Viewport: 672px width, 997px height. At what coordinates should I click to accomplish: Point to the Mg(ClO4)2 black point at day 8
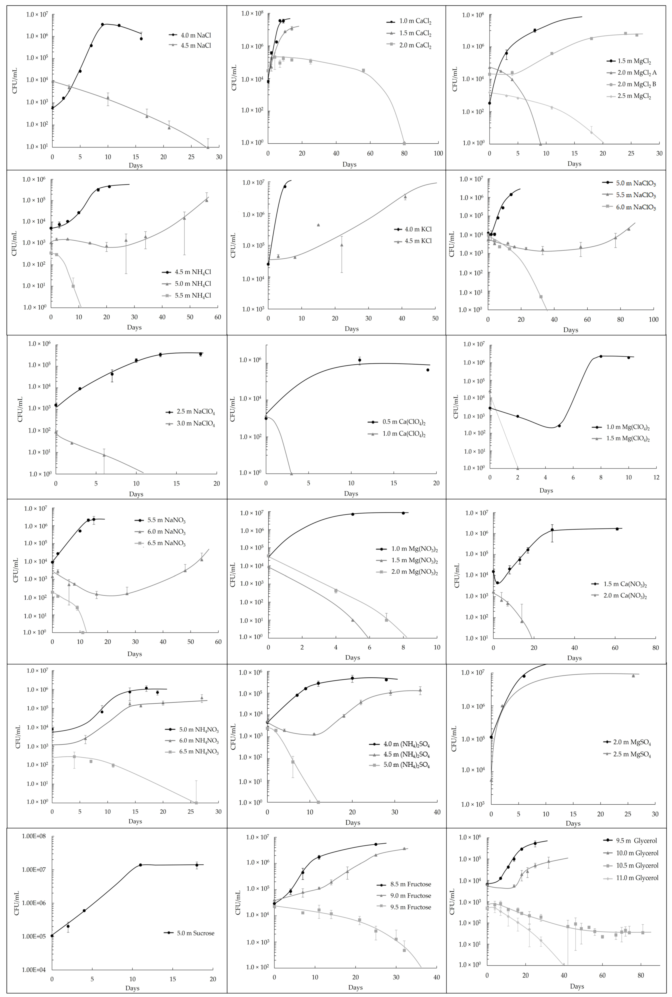(601, 356)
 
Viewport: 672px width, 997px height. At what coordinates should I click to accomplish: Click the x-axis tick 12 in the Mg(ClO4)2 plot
(656, 478)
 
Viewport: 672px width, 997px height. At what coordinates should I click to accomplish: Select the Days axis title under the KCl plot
(351, 329)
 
